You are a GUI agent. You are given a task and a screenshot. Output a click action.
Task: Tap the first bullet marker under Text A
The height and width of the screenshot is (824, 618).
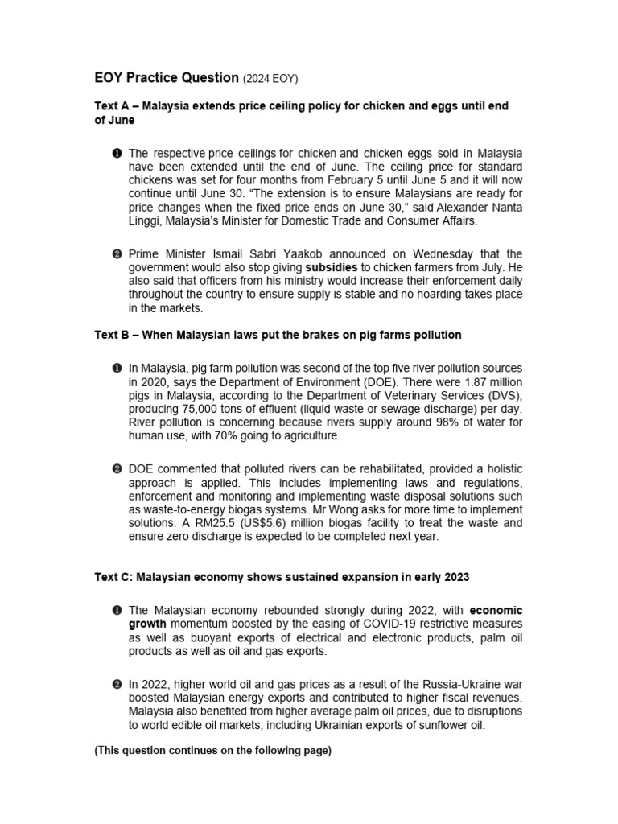pyautogui.click(x=117, y=153)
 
